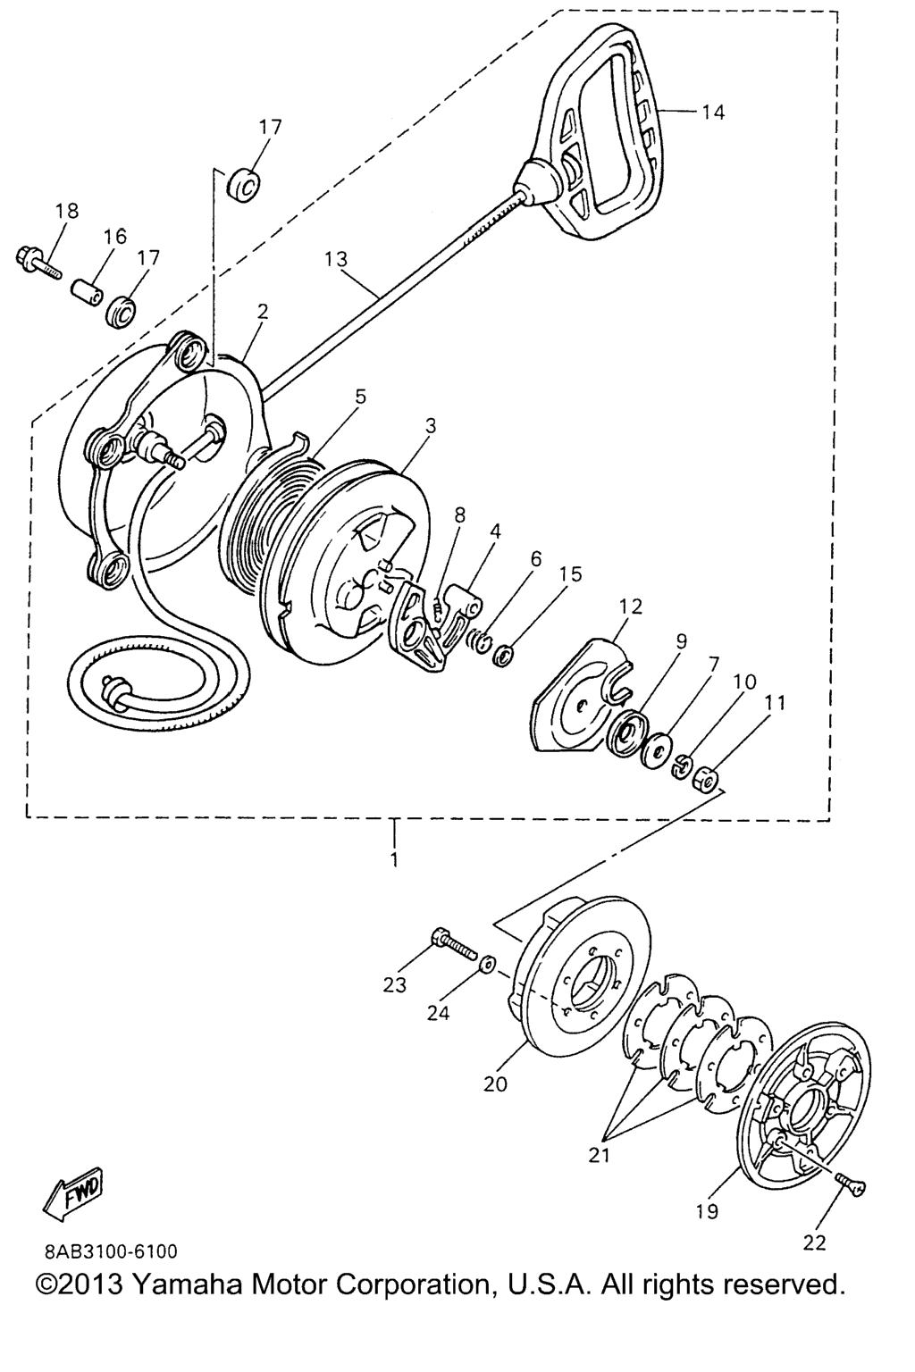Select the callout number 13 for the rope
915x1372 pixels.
[336, 258]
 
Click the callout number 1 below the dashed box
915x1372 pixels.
[394, 858]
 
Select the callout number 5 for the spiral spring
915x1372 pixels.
[360, 397]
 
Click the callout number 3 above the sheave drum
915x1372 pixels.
[431, 426]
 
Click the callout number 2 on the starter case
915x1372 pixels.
[263, 312]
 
